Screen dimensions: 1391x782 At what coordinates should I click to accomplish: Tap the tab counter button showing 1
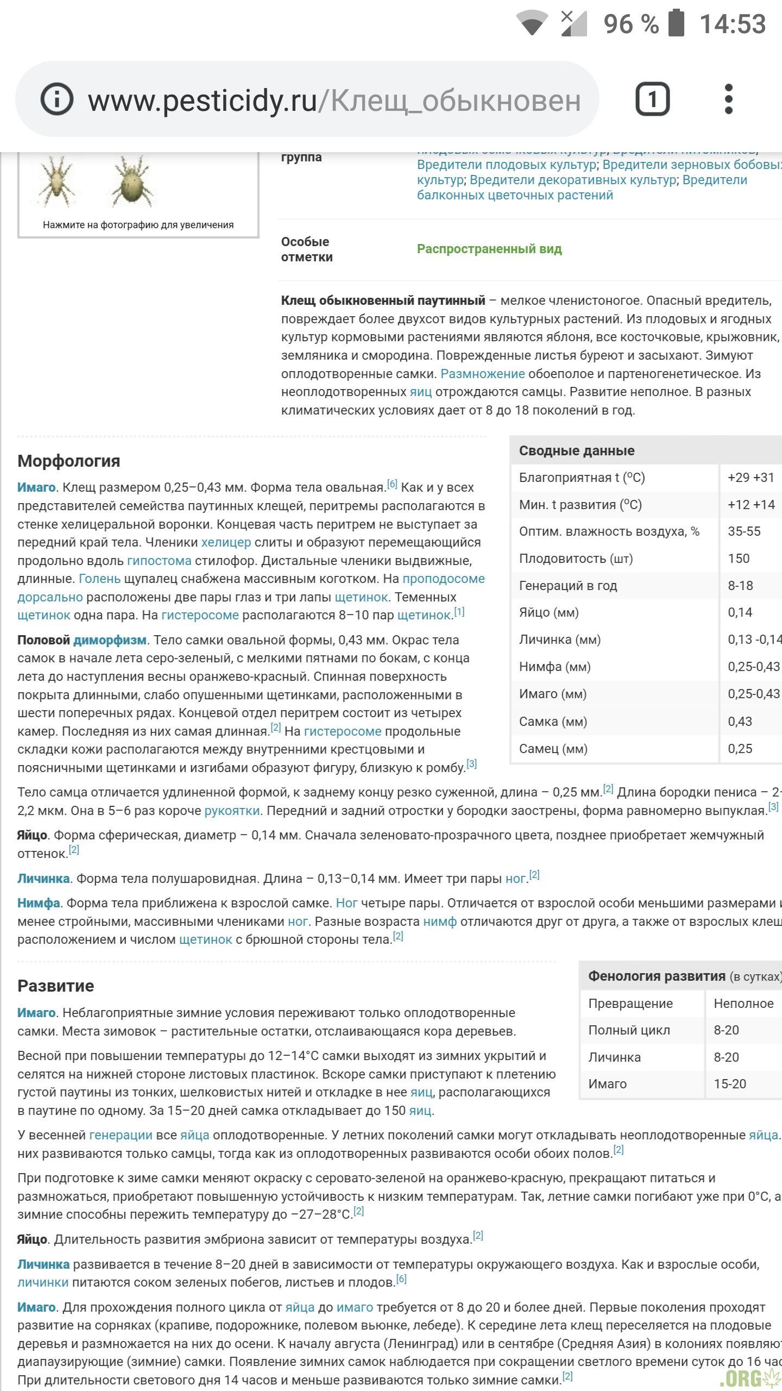[652, 99]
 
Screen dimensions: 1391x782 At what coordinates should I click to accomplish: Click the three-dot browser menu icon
[729, 99]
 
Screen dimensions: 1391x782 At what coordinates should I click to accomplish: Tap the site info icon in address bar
[57, 99]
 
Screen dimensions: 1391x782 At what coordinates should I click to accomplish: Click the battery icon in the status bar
[676, 23]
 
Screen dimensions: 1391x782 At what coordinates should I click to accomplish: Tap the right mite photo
[133, 182]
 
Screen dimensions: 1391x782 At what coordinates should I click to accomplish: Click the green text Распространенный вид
[489, 249]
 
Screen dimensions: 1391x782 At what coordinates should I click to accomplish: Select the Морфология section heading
[69, 461]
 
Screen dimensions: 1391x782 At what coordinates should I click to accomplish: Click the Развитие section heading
[56, 986]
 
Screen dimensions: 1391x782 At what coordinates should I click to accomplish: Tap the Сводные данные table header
[577, 450]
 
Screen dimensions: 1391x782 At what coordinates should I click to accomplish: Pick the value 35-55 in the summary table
[744, 531]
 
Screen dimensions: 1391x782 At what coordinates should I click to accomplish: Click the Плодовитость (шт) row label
[576, 559]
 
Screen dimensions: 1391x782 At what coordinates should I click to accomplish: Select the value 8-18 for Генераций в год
[740, 586]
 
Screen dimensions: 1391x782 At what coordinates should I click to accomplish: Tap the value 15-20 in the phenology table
[730, 1084]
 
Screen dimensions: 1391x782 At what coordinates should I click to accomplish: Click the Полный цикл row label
[629, 1030]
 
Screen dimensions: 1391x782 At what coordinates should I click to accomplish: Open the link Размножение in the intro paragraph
[483, 374]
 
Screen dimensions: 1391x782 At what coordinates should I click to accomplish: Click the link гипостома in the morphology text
[159, 561]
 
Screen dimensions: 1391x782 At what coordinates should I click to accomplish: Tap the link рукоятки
[232, 811]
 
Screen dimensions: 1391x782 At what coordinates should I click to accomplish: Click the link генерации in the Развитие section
[121, 1135]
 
